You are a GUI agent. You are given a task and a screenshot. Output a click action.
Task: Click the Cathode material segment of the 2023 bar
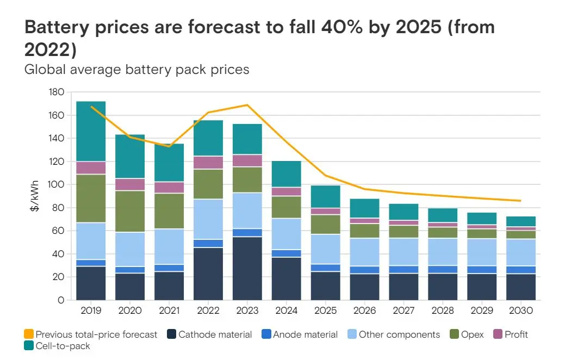pyautogui.click(x=247, y=268)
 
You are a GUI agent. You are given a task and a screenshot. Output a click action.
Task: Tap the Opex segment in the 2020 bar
pyautogui.click(x=130, y=212)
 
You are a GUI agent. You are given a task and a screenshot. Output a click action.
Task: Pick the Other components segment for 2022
pyautogui.click(x=208, y=219)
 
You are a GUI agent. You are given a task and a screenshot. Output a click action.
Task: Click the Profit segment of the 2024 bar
pyautogui.click(x=286, y=191)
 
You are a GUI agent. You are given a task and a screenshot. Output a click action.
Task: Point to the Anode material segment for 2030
pyautogui.click(x=521, y=270)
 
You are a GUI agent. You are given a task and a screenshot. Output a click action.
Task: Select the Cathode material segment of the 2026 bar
pyautogui.click(x=364, y=287)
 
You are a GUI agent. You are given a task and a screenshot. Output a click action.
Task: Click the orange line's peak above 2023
pyautogui.click(x=247, y=105)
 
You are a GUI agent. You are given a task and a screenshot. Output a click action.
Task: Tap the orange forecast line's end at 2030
pyautogui.click(x=520, y=201)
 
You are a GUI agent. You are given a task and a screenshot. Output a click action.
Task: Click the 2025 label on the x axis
pyautogui.click(x=325, y=311)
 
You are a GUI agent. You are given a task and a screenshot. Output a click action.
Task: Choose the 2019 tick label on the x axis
pyautogui.click(x=91, y=311)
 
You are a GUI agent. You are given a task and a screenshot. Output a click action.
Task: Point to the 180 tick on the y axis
pyautogui.click(x=57, y=92)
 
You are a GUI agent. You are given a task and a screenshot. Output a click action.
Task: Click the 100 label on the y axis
pyautogui.click(x=57, y=185)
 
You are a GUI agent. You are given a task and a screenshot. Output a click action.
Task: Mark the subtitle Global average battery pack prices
pyautogui.click(x=137, y=70)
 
